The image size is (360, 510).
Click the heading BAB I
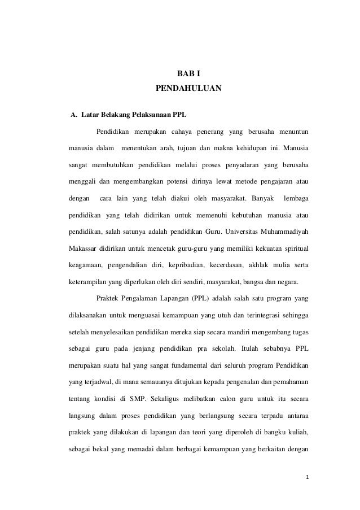[188, 74]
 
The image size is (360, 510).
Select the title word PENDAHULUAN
[188, 89]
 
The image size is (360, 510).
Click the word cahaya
[176, 133]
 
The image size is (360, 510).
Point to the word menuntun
[289, 133]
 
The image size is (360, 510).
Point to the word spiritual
[293, 249]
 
